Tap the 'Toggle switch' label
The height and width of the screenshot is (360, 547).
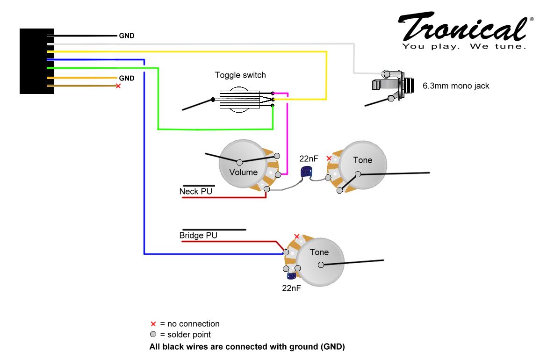[240, 75]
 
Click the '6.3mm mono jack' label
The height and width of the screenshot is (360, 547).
[456, 86]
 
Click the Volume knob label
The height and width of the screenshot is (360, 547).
[243, 172]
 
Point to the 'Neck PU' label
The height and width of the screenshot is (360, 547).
[196, 191]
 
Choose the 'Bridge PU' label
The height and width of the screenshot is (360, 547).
[198, 236]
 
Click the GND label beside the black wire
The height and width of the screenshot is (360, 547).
[127, 36]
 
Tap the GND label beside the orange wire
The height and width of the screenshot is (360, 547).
[127, 78]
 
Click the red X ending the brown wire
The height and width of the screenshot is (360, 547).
[118, 86]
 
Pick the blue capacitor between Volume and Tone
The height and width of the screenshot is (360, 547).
[306, 172]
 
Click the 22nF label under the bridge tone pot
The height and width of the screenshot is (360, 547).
[291, 288]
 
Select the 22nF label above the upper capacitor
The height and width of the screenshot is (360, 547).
[309, 158]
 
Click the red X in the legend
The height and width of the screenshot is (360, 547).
[153, 324]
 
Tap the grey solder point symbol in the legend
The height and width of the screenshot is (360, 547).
[153, 334]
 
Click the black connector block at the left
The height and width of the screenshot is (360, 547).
[36, 61]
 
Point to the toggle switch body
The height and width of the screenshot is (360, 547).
[239, 100]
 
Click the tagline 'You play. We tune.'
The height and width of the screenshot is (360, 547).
[464, 46]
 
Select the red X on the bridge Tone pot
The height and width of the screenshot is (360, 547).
[297, 237]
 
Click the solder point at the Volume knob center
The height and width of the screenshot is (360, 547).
[240, 162]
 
